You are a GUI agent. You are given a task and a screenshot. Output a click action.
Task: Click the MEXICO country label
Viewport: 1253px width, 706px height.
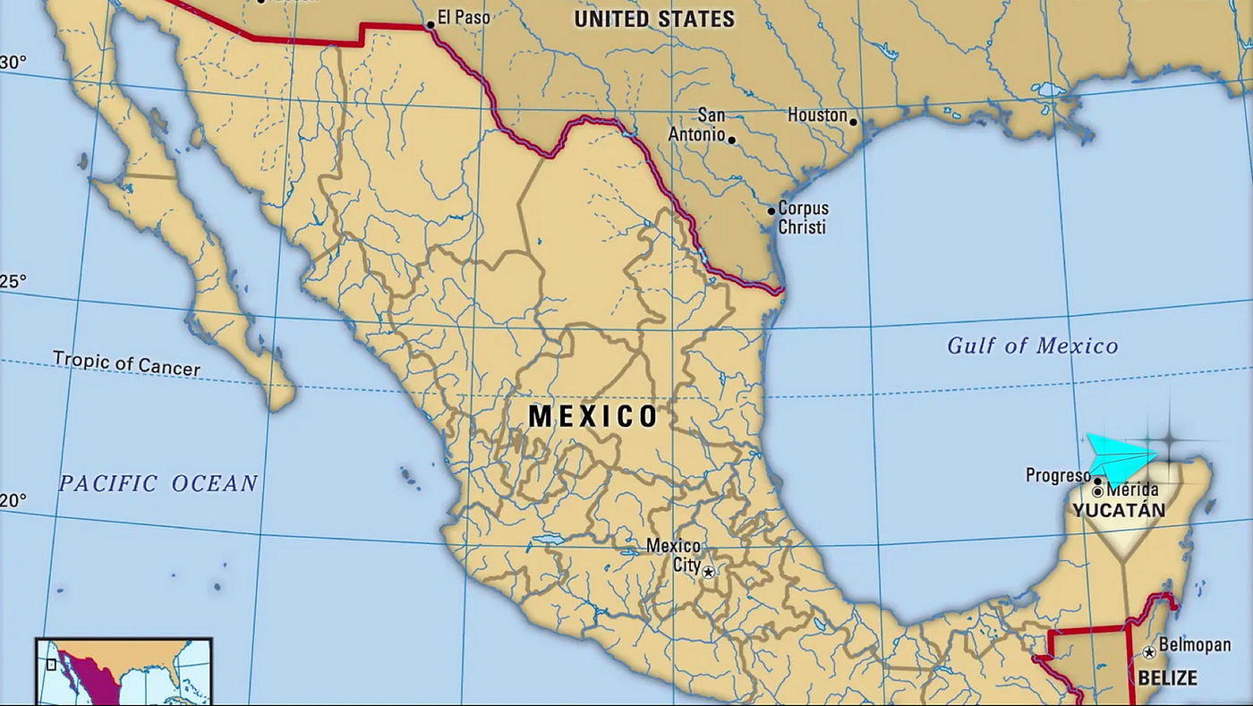point(592,416)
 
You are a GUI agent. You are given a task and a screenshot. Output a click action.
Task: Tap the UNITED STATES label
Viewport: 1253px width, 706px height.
point(654,19)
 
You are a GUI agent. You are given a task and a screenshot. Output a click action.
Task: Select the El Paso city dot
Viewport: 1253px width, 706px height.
point(430,25)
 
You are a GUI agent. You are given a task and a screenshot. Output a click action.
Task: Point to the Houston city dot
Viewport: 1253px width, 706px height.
point(854,122)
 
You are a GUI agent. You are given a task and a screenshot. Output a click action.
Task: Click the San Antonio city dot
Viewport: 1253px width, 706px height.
point(732,140)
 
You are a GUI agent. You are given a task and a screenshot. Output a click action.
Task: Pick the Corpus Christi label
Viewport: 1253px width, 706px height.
point(803,217)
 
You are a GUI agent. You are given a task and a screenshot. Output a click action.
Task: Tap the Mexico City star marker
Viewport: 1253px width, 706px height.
point(708,571)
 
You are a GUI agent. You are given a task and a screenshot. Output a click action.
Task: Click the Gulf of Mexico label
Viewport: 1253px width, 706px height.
point(1033,345)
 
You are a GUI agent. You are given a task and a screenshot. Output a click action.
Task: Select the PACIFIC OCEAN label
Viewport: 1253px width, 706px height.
point(158,483)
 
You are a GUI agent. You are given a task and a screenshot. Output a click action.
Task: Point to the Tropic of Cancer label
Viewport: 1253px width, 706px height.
point(126,362)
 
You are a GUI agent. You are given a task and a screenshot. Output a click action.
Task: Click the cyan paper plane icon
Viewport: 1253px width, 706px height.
point(1119,458)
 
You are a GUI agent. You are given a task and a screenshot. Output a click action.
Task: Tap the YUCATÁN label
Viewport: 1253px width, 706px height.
point(1119,510)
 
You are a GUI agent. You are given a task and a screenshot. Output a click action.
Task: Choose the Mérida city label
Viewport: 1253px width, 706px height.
point(1132,490)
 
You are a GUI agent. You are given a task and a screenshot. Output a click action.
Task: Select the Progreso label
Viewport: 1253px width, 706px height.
point(1058,475)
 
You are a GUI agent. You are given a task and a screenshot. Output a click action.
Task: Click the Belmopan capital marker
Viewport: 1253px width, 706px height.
point(1149,652)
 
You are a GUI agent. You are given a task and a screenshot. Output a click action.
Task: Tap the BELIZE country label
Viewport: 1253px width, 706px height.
point(1167,677)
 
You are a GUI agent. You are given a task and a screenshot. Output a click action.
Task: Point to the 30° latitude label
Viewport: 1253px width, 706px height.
point(13,63)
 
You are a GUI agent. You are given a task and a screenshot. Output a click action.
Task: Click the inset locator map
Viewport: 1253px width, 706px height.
point(124,671)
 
